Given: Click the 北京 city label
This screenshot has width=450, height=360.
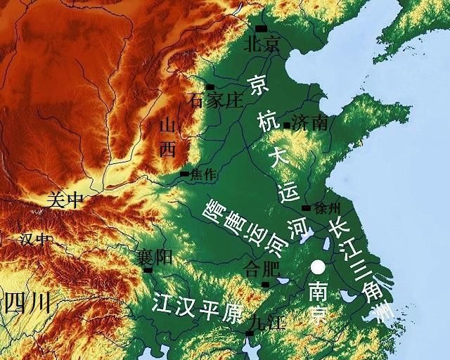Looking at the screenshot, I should click(x=262, y=45).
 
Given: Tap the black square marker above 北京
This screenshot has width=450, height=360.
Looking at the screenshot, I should click(x=262, y=29).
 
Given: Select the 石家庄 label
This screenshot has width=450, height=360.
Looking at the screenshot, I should click(x=216, y=101).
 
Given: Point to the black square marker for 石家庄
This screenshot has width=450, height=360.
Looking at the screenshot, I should click(x=210, y=87).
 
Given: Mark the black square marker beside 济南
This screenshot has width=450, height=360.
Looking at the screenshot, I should click(x=287, y=125).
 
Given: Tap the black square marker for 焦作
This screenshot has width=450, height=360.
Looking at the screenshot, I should click(x=184, y=174).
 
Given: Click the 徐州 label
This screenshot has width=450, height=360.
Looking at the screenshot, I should click(x=327, y=208).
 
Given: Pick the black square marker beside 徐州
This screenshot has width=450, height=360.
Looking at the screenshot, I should click(x=306, y=208).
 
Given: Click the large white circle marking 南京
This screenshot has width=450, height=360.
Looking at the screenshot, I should click(x=319, y=267).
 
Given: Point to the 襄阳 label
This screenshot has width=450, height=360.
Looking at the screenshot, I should click(x=155, y=257).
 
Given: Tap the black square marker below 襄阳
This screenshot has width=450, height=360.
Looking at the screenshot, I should click(x=148, y=269).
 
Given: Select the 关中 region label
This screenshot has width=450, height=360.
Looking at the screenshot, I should click(x=65, y=200).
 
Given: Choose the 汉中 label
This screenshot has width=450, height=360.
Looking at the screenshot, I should click(x=35, y=240).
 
